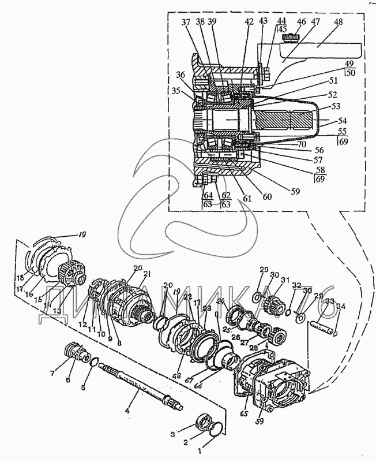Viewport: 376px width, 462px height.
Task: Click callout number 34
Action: (x=341, y=307)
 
